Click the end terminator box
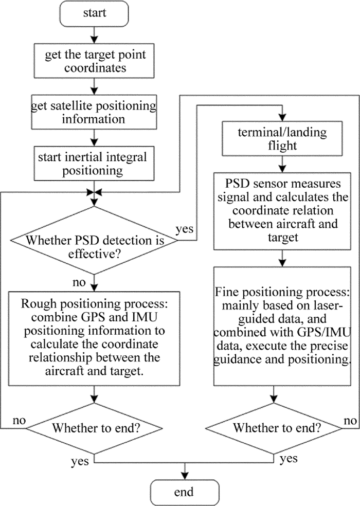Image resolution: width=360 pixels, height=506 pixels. tap(184, 492)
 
